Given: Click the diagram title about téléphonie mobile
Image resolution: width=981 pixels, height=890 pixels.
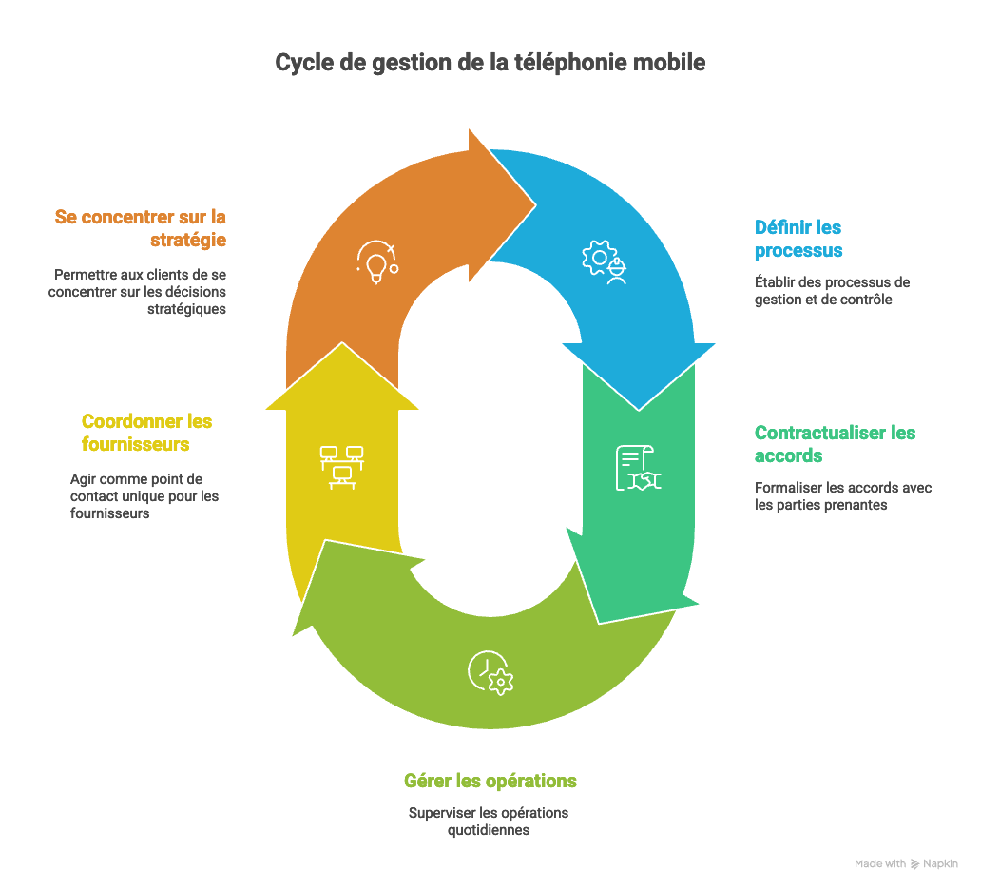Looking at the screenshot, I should [x=490, y=63].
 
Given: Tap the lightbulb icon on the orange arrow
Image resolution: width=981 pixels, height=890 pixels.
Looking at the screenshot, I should [x=376, y=261].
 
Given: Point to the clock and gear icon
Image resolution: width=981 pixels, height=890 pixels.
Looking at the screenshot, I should [x=490, y=672].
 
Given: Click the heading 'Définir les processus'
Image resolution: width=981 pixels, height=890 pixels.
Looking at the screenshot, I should [x=798, y=240].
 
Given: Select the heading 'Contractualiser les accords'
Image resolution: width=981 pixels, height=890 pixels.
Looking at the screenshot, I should [x=835, y=444].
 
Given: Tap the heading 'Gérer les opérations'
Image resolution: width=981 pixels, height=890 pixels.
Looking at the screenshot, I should [x=490, y=782].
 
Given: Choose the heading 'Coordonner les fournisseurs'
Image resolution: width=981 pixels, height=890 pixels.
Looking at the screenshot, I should [x=146, y=433].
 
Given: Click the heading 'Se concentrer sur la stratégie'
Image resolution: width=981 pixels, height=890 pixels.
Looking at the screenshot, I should [x=141, y=228].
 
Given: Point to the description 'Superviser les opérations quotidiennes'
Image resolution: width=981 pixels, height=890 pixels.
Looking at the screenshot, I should [x=489, y=822].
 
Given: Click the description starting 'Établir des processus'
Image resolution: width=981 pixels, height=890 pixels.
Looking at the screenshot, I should [x=832, y=291].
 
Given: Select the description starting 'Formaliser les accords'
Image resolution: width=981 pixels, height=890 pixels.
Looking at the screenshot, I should [x=842, y=496].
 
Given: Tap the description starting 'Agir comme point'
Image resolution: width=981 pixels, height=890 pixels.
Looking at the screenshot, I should [x=144, y=496].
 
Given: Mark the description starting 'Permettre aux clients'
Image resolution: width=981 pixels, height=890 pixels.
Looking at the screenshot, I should [x=140, y=291].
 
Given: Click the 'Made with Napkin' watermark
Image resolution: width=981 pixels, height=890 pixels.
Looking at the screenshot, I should [x=906, y=864].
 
